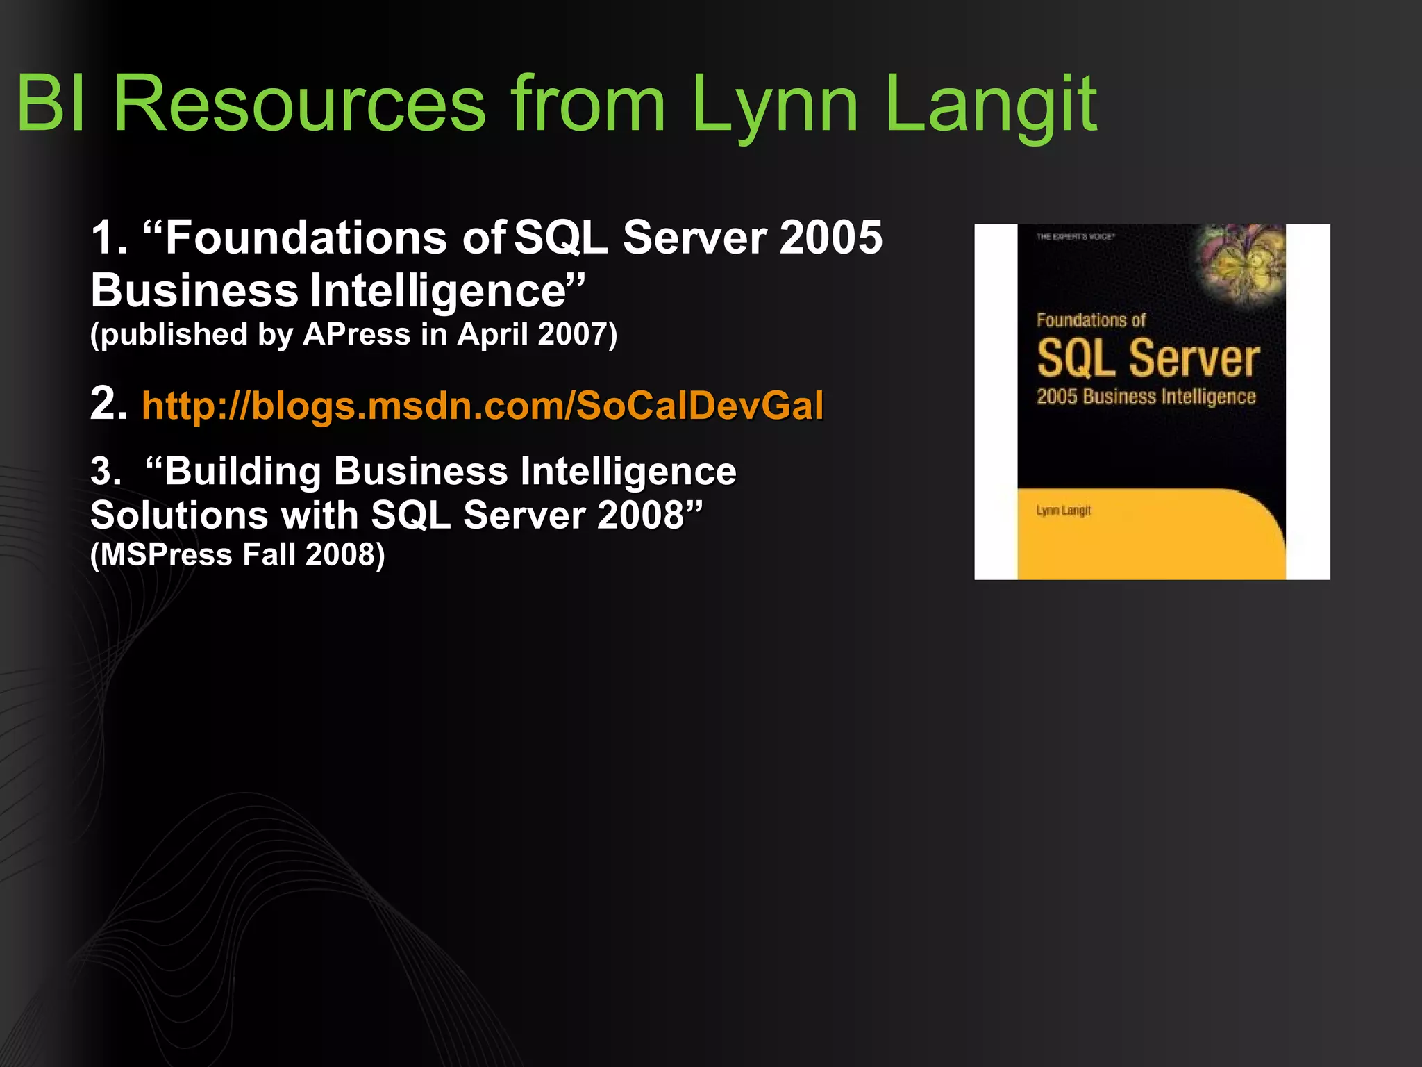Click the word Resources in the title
coord(299,104)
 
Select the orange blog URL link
coord(483,406)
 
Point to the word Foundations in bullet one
coord(306,238)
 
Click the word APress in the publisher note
coord(357,334)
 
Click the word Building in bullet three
coord(243,472)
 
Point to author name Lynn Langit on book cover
coord(1063,511)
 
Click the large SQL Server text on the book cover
coord(1148,358)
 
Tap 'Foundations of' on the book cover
coord(1090,320)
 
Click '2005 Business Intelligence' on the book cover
coord(1146,397)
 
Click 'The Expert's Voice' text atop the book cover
coord(1075,237)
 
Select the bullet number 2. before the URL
coord(109,404)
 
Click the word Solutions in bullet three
coord(179,515)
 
